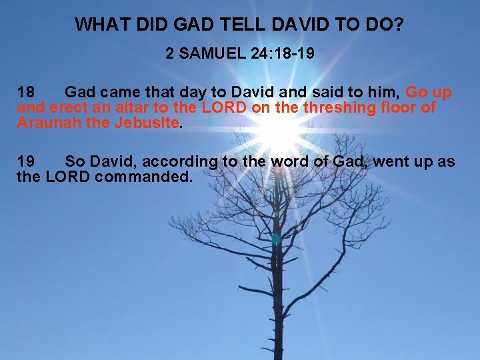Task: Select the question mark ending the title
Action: coord(398,25)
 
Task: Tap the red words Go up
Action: coord(429,92)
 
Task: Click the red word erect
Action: coord(71,107)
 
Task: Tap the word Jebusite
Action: coord(146,123)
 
